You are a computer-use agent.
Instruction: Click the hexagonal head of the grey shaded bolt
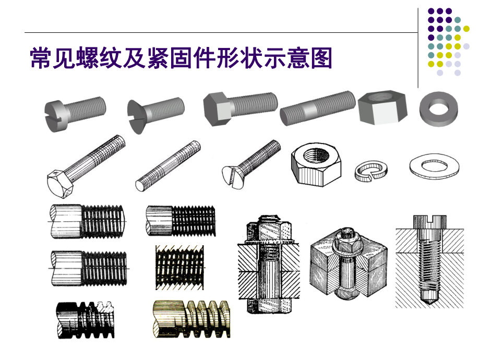[x=217, y=107]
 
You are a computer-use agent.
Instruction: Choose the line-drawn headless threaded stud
[x=168, y=166]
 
